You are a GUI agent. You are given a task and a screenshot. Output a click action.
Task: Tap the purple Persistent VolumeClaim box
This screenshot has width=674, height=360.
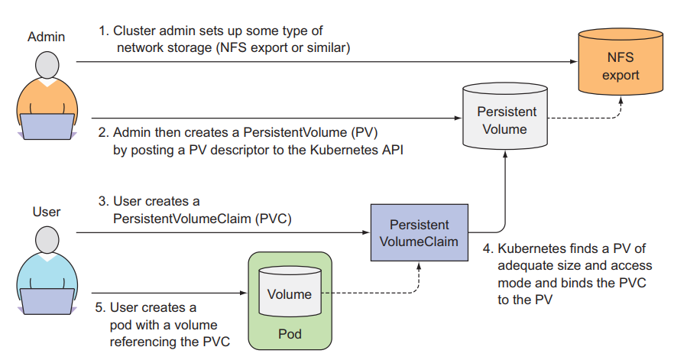coord(419,234)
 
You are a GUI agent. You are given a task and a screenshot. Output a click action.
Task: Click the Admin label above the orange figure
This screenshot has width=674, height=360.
coord(47,37)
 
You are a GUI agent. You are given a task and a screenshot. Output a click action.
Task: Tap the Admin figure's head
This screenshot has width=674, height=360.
coord(47,66)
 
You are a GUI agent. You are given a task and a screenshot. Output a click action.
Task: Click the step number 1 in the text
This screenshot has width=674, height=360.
coord(102,31)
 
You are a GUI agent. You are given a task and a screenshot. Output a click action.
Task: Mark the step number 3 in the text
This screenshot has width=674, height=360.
coord(102,202)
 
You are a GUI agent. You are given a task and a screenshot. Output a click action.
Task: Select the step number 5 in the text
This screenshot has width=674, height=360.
coord(102,307)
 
